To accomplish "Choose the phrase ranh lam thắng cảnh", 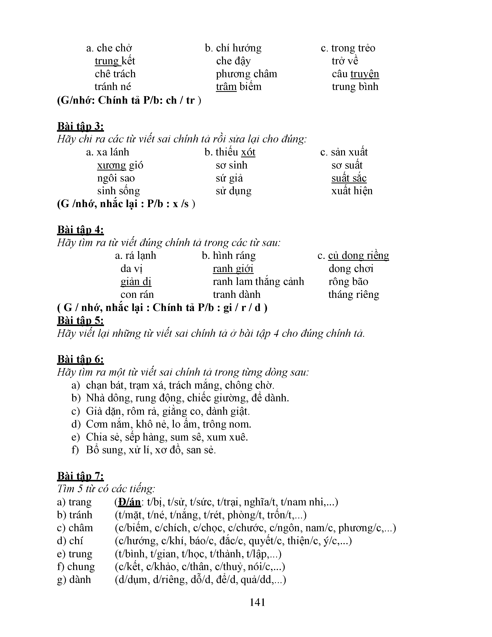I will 258,281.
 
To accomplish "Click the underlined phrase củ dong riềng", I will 358,256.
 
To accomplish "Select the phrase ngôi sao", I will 116,178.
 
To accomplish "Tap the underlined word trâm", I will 226,87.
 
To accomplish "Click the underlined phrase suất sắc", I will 349,178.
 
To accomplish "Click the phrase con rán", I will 137,295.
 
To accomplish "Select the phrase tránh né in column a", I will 113,87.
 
